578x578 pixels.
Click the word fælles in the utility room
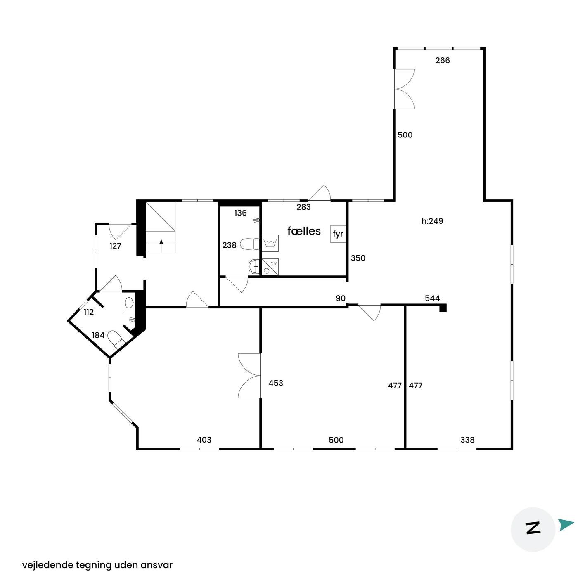tap(303, 231)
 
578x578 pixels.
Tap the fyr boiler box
tap(338, 234)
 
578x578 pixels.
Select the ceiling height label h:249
tap(432, 221)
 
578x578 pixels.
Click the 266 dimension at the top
tap(443, 61)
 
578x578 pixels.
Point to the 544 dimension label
tap(432, 298)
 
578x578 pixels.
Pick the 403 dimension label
tap(204, 440)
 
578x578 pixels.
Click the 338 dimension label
tap(467, 440)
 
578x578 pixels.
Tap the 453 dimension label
tap(276, 383)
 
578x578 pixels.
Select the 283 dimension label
tap(303, 207)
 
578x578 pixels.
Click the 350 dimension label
tap(358, 258)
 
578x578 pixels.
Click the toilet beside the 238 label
tap(250, 244)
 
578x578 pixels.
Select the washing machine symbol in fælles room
tap(270, 243)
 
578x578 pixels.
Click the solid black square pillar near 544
tap(443, 308)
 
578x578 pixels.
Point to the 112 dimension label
tap(89, 312)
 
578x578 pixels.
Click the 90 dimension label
tap(341, 298)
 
